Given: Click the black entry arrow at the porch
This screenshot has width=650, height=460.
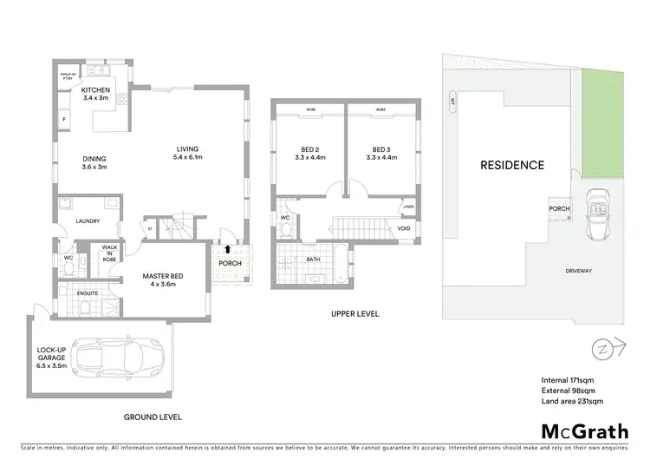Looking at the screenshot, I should click(x=228, y=250).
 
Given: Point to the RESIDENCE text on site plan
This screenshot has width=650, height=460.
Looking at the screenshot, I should click(x=513, y=165).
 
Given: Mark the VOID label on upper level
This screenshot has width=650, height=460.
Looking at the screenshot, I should click(x=404, y=228).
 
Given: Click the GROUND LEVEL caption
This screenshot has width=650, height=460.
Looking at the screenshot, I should click(x=153, y=417).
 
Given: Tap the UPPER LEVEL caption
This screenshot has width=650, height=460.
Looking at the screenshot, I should click(x=354, y=313).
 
